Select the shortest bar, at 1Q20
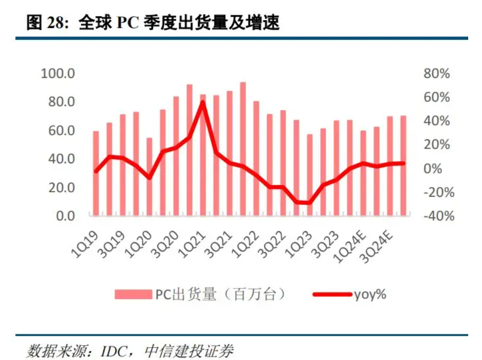(149, 177)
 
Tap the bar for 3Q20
(176, 156)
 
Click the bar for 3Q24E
(389, 166)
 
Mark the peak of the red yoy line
(203, 102)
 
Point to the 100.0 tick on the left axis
(58, 74)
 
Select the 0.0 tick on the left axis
(64, 216)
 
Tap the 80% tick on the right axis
(437, 74)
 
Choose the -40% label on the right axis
(435, 216)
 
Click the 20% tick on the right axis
(437, 145)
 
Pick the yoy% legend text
(370, 295)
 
